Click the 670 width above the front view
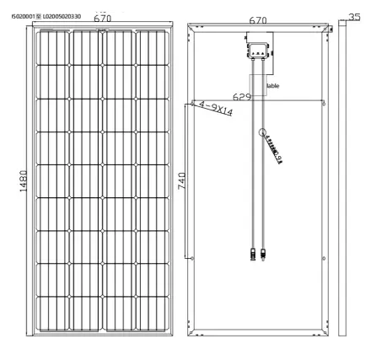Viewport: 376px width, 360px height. coord(103,17)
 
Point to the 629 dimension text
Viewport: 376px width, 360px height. coord(242,98)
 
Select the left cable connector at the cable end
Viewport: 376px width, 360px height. coord(252,252)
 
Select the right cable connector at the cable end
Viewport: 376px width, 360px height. coord(264,252)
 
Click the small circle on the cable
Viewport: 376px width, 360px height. coord(261,132)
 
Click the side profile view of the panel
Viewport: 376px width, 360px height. coord(343,179)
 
